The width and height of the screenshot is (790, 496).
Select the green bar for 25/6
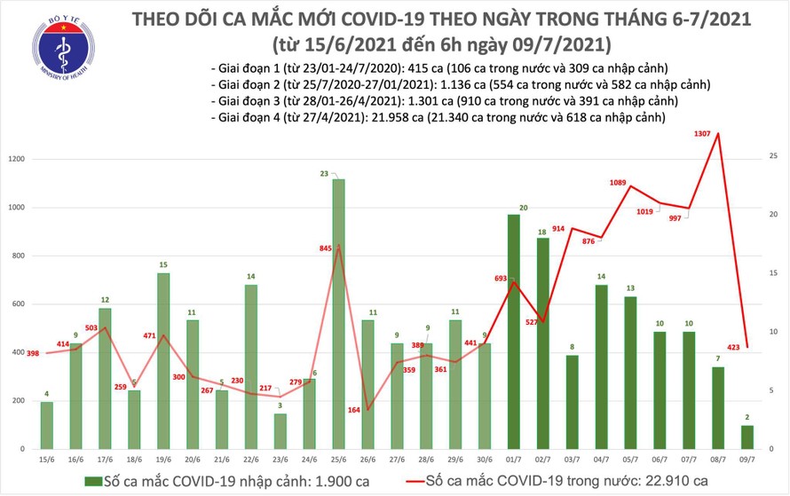tap(337, 314)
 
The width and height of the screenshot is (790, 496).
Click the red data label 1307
tap(707, 135)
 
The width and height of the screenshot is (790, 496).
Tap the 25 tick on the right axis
tap(774, 156)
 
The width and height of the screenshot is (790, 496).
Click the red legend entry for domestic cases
tap(549, 481)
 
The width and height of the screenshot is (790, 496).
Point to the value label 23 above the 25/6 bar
tap(326, 174)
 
